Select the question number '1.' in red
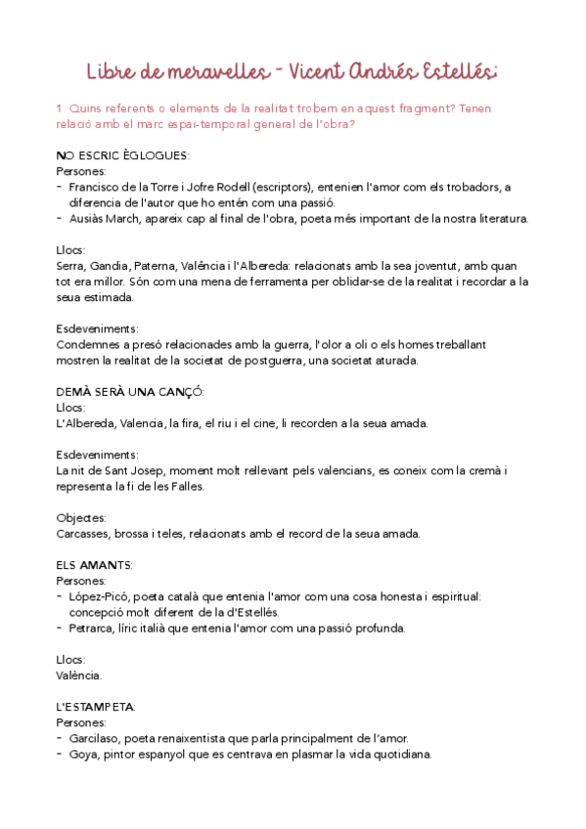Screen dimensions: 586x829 point(62,109)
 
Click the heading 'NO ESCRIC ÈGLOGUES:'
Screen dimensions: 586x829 point(123,155)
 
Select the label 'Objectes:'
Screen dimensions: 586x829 point(82,517)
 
